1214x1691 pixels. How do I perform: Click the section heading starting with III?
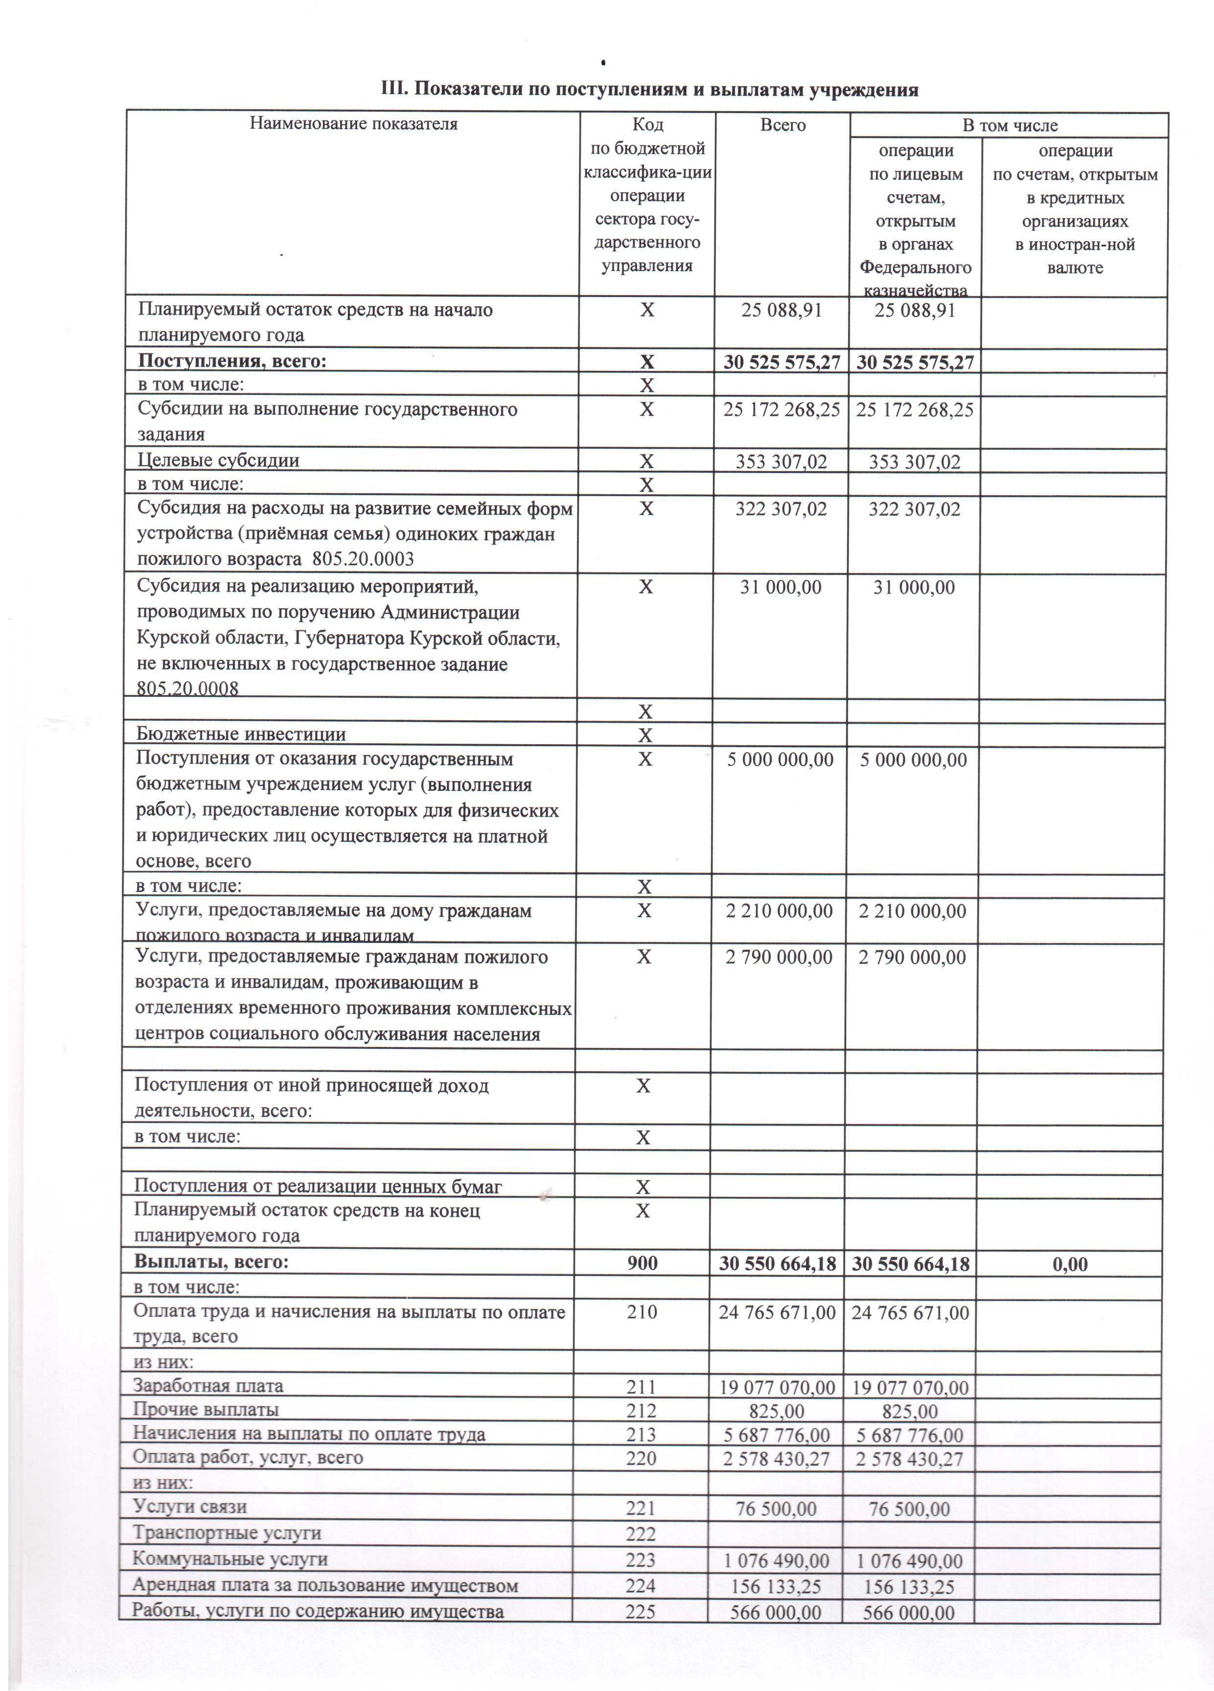(649, 90)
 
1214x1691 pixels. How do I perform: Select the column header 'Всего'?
(782, 125)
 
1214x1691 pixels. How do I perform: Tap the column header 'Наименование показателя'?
(353, 124)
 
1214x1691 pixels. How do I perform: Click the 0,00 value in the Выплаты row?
(1069, 1264)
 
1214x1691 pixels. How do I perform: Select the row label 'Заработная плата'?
(208, 1386)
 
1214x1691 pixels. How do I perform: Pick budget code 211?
(641, 1387)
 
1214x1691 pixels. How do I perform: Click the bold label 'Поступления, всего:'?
(232, 362)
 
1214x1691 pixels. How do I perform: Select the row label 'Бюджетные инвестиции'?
(240, 734)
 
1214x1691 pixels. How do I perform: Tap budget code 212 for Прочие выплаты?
(641, 1411)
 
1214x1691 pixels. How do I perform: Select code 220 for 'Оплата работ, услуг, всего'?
(641, 1459)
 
